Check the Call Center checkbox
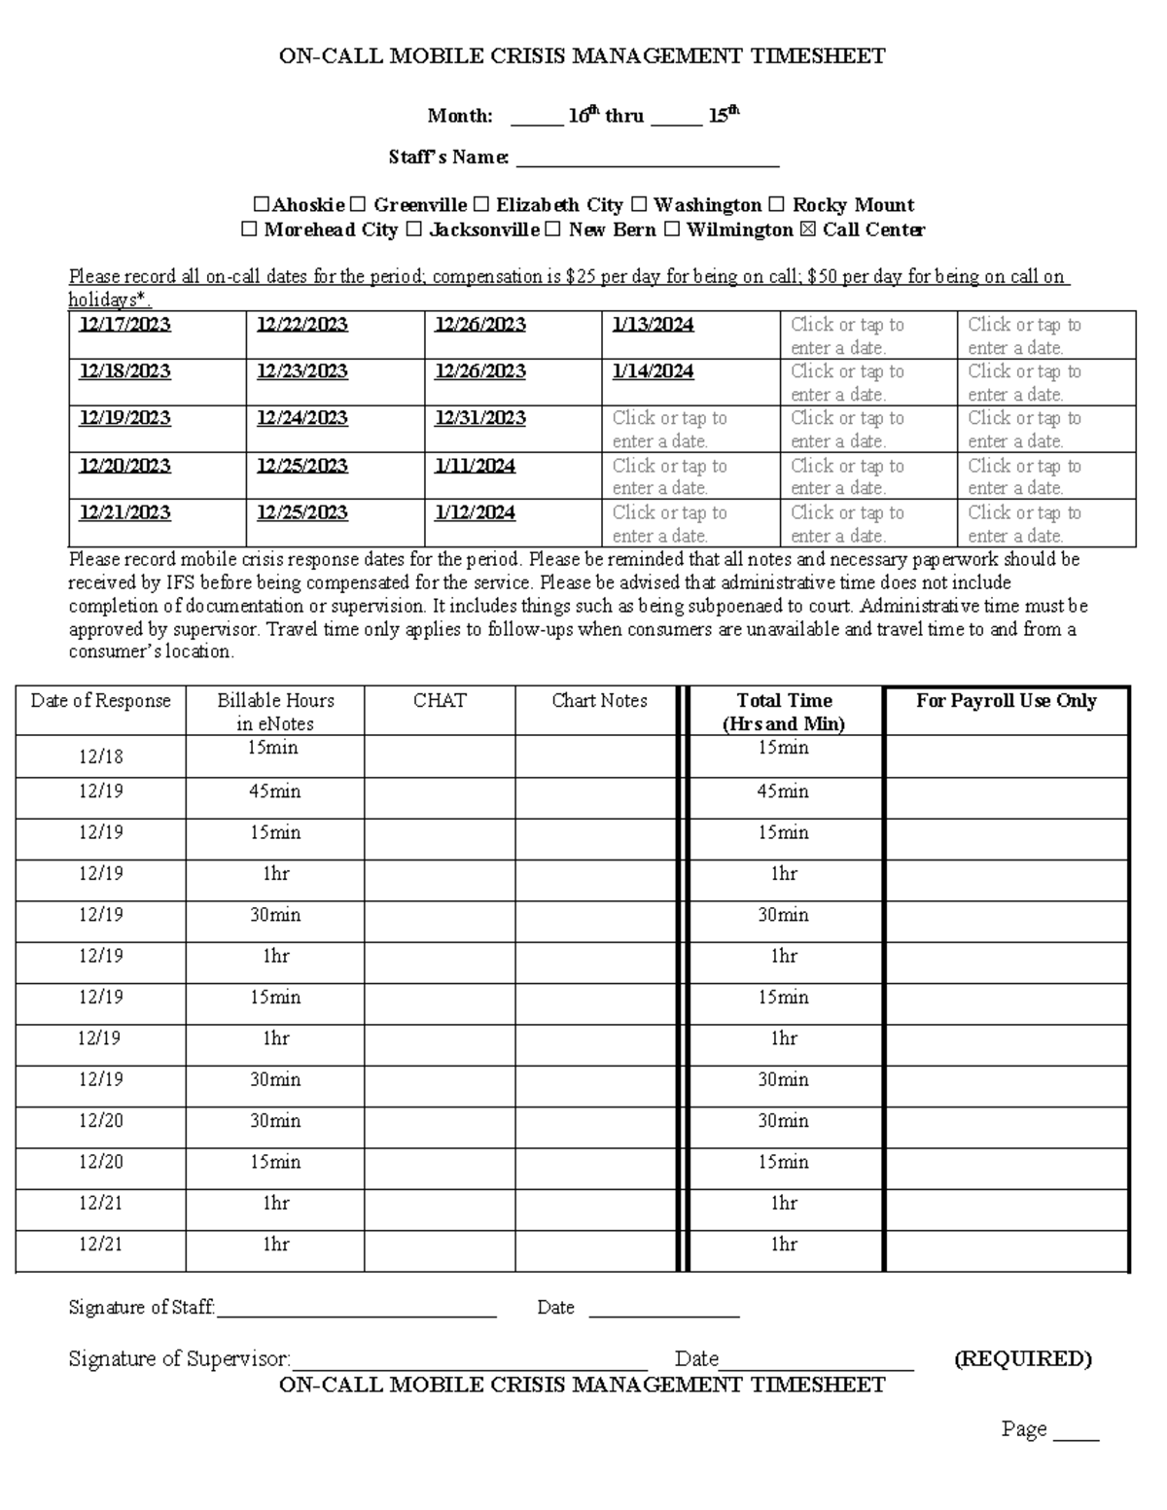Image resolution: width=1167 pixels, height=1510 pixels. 813,230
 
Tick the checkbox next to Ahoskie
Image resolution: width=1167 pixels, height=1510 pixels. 261,205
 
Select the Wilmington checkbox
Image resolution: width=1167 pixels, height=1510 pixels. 672,230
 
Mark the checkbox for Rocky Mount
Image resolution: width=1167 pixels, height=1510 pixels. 777,205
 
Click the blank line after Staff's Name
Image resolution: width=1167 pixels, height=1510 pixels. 647,158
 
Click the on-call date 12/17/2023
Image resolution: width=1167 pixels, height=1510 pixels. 125,325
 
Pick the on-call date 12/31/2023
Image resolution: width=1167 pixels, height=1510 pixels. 480,418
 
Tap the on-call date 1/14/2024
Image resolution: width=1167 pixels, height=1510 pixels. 654,371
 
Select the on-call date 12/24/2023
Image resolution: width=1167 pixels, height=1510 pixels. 302,418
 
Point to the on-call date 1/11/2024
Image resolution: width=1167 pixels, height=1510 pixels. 476,466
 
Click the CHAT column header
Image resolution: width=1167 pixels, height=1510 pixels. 440,701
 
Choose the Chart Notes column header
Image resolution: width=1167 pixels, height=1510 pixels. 599,701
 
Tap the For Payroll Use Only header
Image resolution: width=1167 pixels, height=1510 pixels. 1007,701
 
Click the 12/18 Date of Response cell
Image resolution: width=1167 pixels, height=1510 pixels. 101,756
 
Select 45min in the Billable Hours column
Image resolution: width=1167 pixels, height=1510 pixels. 275,791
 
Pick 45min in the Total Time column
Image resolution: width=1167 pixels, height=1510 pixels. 784,791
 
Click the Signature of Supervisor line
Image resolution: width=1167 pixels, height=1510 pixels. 470,1359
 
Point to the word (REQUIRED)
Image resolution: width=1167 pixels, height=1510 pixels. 1023,1358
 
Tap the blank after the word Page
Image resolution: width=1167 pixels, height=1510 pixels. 1077,1430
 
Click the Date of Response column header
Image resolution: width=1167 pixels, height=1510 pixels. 101,701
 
